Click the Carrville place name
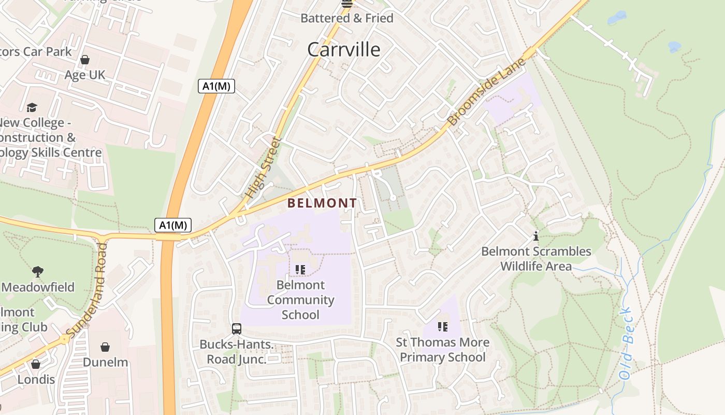click(344, 50)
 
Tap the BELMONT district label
click(322, 203)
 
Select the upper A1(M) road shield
click(216, 86)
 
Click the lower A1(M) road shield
click(173, 225)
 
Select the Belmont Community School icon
click(300, 270)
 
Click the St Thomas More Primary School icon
click(442, 327)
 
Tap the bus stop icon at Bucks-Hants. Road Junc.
click(237, 328)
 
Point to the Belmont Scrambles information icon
click(536, 236)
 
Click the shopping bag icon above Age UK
click(85, 60)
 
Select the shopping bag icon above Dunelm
click(105, 347)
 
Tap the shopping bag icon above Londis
click(36, 364)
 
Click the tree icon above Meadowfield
click(37, 271)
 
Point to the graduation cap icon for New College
click(32, 107)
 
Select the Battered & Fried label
click(347, 18)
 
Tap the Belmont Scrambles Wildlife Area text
click(536, 259)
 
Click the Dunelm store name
click(105, 362)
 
